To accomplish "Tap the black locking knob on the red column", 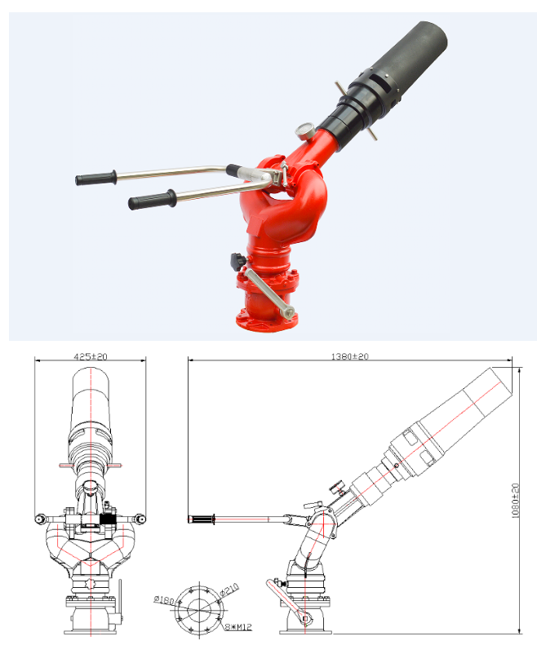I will click(237, 261).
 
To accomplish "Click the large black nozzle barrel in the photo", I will click(406, 61).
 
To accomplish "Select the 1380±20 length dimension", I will click(349, 356).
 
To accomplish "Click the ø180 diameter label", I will click(163, 601).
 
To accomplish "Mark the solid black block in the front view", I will click(105, 519).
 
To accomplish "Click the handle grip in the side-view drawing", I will click(201, 519).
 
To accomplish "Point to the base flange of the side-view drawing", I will click(306, 628).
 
